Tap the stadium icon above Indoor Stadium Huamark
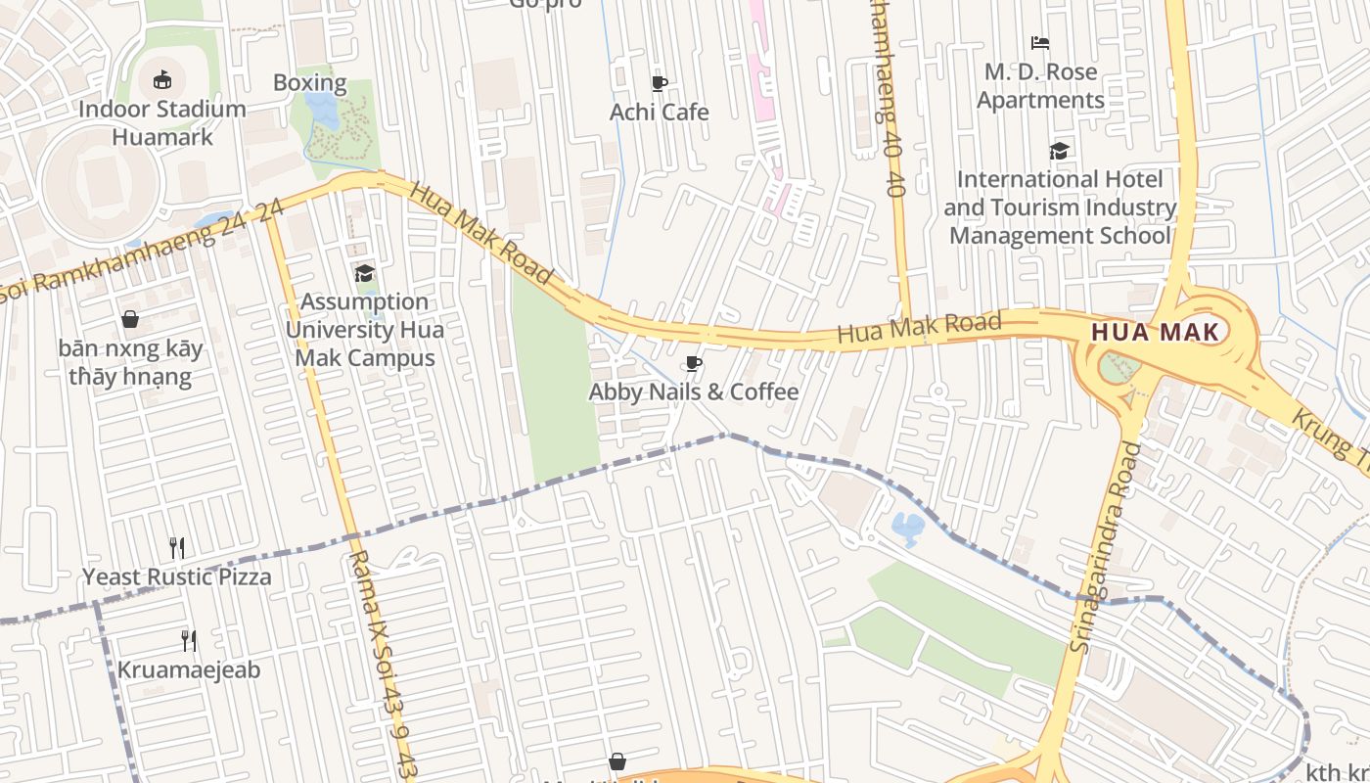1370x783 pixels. tap(162, 79)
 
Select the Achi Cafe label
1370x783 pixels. tap(659, 112)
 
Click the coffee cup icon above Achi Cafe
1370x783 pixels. tap(659, 83)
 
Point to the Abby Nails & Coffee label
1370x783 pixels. tap(693, 391)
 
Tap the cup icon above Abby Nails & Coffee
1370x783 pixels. tap(693, 364)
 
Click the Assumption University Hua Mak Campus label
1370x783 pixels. tap(364, 330)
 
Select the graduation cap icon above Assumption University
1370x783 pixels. tap(364, 273)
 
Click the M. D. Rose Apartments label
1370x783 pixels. tap(1040, 86)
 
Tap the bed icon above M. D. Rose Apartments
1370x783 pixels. tap(1040, 43)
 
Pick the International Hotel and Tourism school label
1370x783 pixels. tap(1060, 207)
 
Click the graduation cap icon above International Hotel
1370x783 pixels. tap(1059, 151)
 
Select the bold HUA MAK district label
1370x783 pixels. tap(1155, 332)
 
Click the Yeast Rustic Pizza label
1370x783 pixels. tap(177, 576)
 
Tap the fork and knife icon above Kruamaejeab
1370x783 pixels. tap(189, 641)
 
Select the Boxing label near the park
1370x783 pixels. tap(309, 82)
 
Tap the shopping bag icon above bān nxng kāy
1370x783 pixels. tap(129, 319)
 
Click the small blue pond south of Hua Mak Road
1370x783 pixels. tap(908, 529)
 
